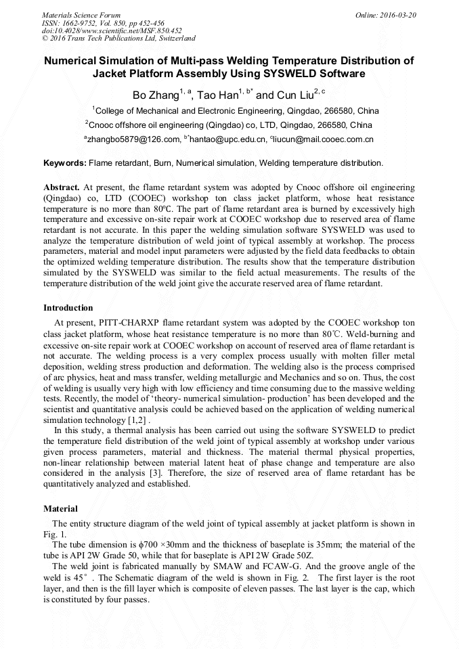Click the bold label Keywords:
(65, 163)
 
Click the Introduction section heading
(68, 308)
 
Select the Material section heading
(60, 508)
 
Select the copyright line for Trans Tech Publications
(118, 39)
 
